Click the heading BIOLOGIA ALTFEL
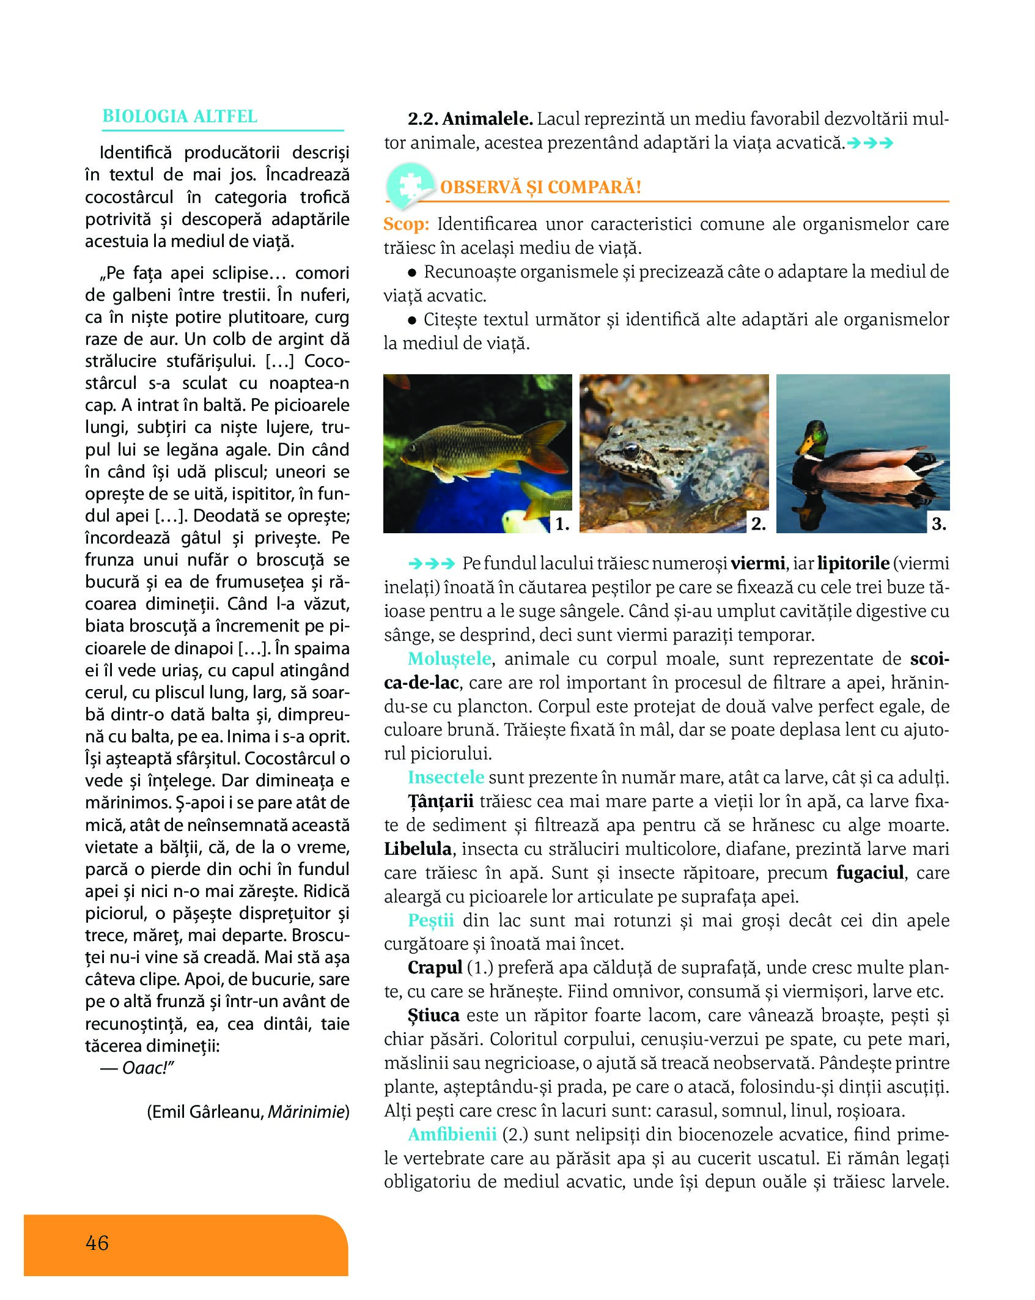pos(180,116)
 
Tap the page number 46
pos(97,1243)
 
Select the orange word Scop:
pos(406,224)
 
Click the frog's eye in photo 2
pos(630,451)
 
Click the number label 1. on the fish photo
pos(562,523)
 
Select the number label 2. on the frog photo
pos(758,523)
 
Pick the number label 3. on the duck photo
pos(938,523)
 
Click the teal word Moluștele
pos(449,659)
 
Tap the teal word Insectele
pos(446,777)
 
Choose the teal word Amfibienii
pos(452,1134)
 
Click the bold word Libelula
pos(418,849)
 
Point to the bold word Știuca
pos(433,1015)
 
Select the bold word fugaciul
pos(870,873)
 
